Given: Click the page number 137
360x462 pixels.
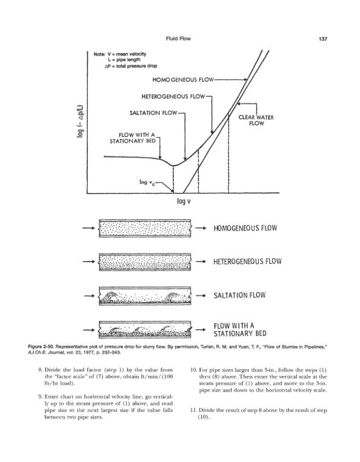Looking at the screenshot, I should (x=323, y=39).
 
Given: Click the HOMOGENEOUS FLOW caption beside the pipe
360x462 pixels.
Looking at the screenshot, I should (x=245, y=228).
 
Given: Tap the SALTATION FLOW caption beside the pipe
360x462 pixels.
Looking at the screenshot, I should (x=239, y=295).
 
